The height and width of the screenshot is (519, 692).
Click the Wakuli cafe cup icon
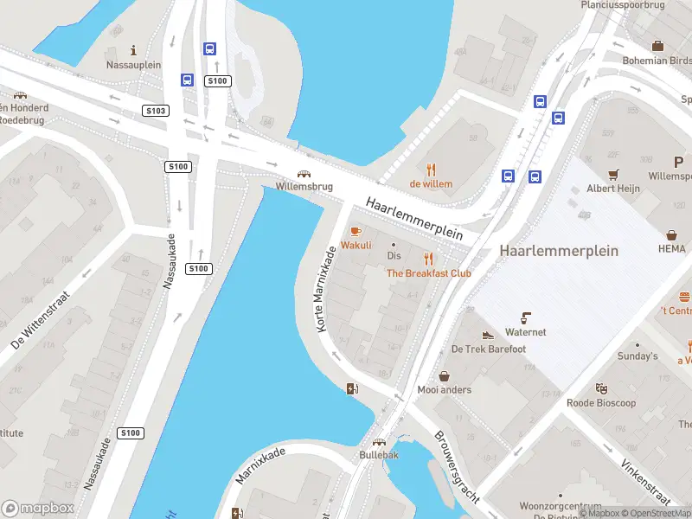pos(355,231)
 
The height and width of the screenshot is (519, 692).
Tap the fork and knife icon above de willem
pos(431,170)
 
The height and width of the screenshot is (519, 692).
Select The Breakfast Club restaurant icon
pos(428,259)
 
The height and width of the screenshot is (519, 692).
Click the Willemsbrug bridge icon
pos(304,173)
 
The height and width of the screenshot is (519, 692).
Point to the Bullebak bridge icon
pos(379,441)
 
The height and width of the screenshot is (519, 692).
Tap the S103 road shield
pos(156,111)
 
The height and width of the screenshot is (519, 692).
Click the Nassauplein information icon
pos(133,50)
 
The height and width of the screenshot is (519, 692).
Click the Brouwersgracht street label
pos(456,467)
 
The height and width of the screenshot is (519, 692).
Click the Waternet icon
pos(525,317)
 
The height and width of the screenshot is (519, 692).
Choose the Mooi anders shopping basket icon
pos(445,376)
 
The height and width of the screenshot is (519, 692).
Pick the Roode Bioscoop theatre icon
pos(600,389)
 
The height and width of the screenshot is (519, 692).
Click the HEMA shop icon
pos(671,234)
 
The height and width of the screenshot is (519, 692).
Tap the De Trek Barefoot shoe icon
pos(488,336)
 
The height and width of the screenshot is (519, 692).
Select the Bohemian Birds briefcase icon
pos(657,46)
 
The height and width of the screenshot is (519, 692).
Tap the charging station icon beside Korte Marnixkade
pos(351,388)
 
